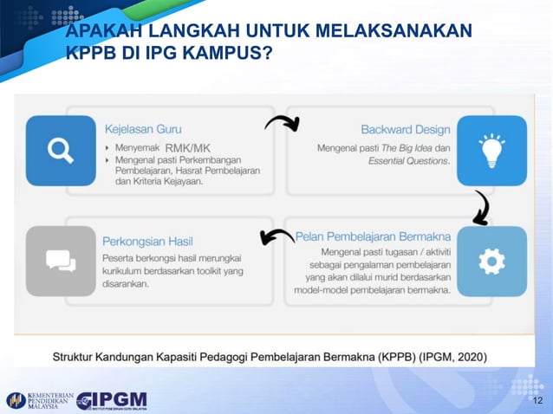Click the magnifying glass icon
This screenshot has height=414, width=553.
point(61,151)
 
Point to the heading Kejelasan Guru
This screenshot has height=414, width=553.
point(143,130)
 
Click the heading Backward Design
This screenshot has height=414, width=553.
point(406,130)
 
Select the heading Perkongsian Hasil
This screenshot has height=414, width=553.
point(147,240)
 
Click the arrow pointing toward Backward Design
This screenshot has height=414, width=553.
point(282,123)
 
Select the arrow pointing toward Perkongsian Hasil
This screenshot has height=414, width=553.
point(276,236)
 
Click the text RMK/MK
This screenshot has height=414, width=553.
point(187,148)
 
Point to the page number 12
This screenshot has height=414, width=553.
point(537,402)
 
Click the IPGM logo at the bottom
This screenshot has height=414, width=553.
point(111,400)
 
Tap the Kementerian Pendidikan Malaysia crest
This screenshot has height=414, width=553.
point(15,400)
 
